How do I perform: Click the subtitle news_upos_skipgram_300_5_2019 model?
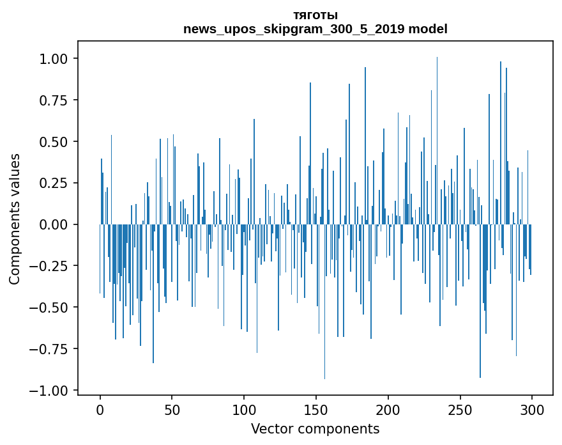coord(315,29)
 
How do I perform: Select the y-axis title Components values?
coord(15,219)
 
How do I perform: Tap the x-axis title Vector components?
coord(315,429)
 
